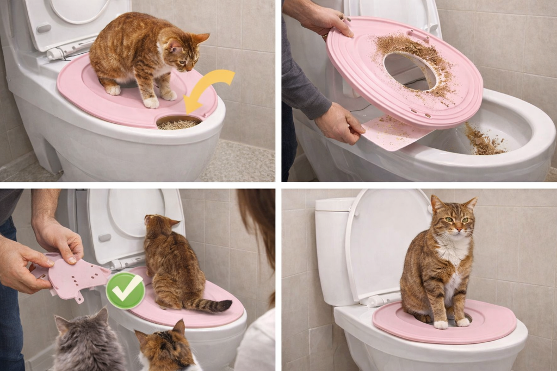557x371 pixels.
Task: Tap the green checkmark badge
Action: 125,291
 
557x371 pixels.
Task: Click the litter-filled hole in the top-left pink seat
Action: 178,123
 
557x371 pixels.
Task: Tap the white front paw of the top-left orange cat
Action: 151,102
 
